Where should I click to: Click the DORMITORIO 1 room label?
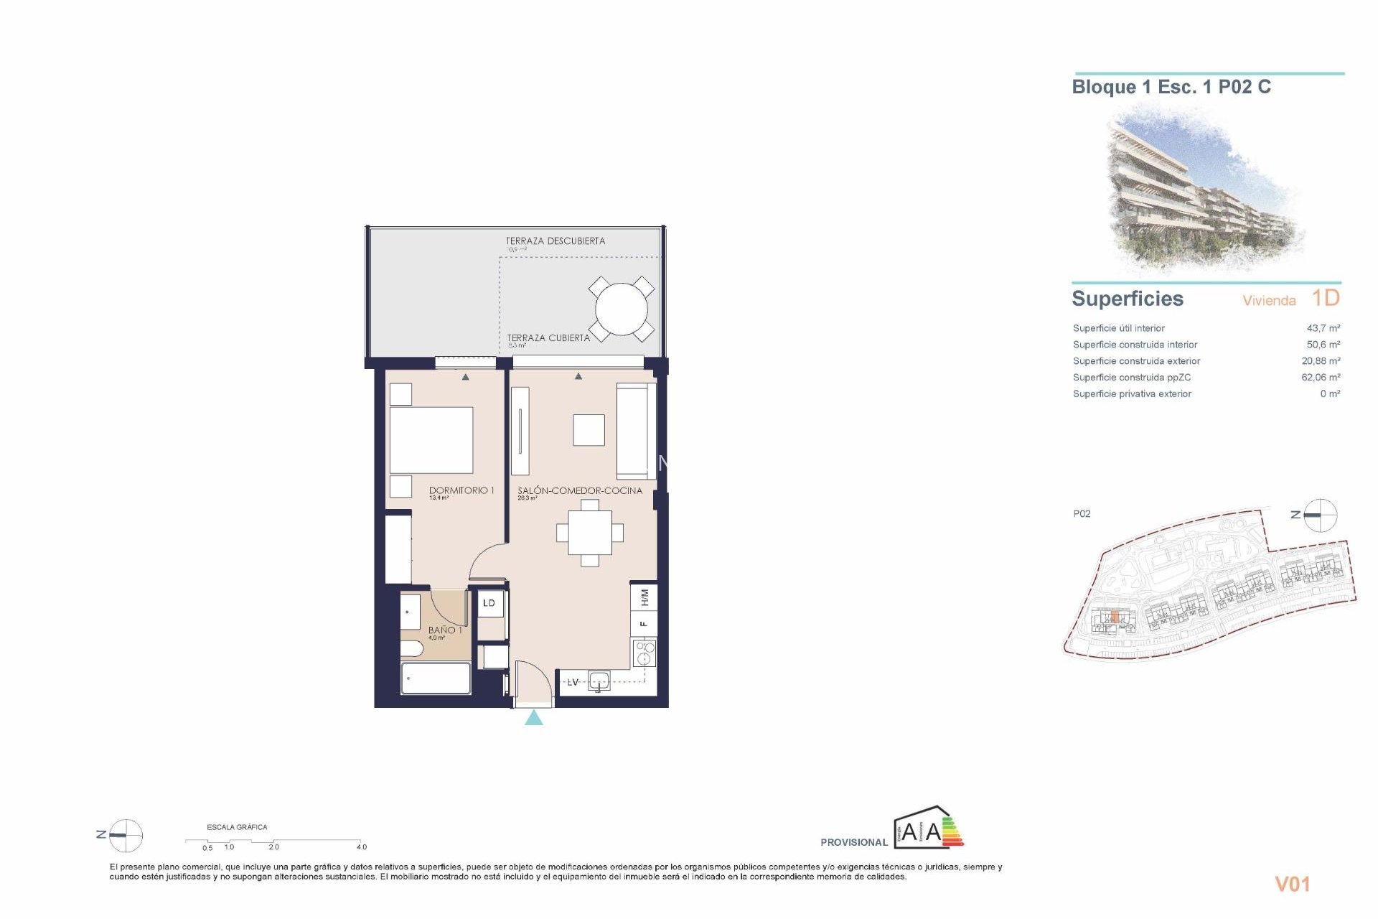coord(461,490)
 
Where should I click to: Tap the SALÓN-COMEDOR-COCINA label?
coord(579,490)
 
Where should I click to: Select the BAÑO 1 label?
coord(445,630)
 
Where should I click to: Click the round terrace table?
coord(621,310)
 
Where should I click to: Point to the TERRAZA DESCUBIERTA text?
coord(555,241)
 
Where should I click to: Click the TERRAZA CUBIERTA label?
coord(548,337)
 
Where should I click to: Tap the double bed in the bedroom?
coord(431,439)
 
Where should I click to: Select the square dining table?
coord(590,533)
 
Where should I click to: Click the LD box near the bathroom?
coord(489,603)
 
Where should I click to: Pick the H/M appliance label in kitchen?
coord(644,597)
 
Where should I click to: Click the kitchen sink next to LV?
coord(598,681)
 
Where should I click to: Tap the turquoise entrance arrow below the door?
coord(533,718)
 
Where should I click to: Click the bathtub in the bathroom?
coord(436,678)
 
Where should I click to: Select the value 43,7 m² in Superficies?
coord(1323,328)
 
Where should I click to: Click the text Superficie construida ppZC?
coord(1131,378)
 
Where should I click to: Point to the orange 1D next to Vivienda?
coord(1325,298)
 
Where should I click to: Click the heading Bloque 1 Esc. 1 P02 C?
coord(1171,88)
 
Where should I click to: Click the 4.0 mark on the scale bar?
coord(362,847)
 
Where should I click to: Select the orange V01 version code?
coord(1292,885)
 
